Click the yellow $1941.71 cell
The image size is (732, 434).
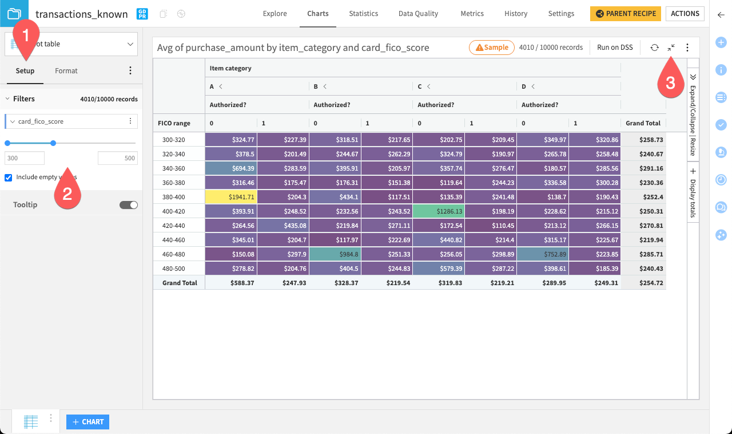(x=231, y=196)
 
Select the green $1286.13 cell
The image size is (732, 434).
(x=439, y=211)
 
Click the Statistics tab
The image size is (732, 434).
(x=364, y=14)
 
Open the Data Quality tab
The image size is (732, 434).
(x=418, y=14)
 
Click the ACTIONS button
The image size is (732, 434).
(x=685, y=14)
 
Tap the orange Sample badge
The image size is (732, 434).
(x=491, y=48)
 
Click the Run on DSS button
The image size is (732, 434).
(x=615, y=48)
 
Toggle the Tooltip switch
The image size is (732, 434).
(x=129, y=205)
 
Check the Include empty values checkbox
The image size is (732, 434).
(x=9, y=177)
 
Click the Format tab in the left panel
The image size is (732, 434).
(x=66, y=71)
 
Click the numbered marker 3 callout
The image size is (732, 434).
(x=670, y=82)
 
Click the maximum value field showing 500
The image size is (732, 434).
(x=117, y=158)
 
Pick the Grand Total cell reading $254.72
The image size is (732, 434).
(x=643, y=283)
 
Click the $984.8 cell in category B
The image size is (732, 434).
(x=335, y=254)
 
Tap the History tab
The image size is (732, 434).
(x=516, y=14)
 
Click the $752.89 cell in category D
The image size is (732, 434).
(x=543, y=254)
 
